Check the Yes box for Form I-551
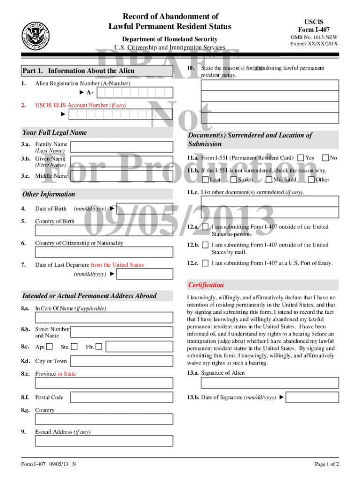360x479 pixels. pyautogui.click(x=301, y=158)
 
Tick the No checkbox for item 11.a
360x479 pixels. pyautogui.click(x=326, y=158)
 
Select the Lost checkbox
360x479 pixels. pyautogui.click(x=206, y=180)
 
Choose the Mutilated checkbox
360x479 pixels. pyautogui.click(x=269, y=180)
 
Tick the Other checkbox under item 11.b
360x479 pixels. pyautogui.click(x=311, y=180)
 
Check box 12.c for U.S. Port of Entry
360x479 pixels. pyautogui.click(x=205, y=263)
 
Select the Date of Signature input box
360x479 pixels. pyautogui.click(x=312, y=398)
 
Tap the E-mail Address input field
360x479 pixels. pyautogui.click(x=103, y=441)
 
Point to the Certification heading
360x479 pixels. pyautogui.click(x=206, y=285)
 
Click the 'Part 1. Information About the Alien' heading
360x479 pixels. pyautogui.click(x=79, y=71)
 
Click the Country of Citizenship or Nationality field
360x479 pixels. pyautogui.click(x=103, y=253)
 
